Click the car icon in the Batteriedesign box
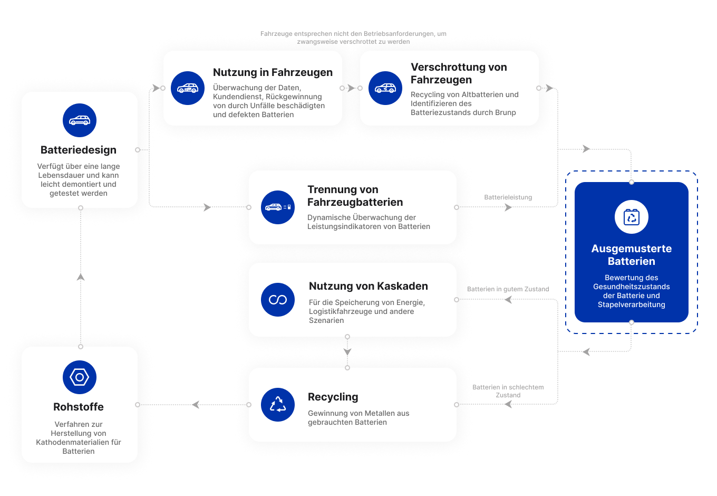point(80,120)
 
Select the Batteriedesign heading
point(79,150)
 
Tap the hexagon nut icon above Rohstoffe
point(80,377)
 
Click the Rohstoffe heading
point(79,407)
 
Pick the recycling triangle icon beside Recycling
point(278,405)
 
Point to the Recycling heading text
point(333,397)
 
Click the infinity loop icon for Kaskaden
point(278,300)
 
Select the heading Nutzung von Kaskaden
point(368,286)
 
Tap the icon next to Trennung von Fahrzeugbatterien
point(278,207)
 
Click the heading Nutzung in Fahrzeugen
point(273,72)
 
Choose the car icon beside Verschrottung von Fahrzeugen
point(385,88)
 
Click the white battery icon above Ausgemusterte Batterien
point(632,217)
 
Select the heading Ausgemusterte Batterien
point(632,255)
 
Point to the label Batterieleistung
point(508,197)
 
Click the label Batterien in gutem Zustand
point(508,289)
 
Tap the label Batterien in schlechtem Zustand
point(508,391)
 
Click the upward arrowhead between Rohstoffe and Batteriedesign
point(81,276)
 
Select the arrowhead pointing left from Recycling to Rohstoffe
point(196,405)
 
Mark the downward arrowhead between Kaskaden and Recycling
point(347,352)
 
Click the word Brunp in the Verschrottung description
point(506,112)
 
